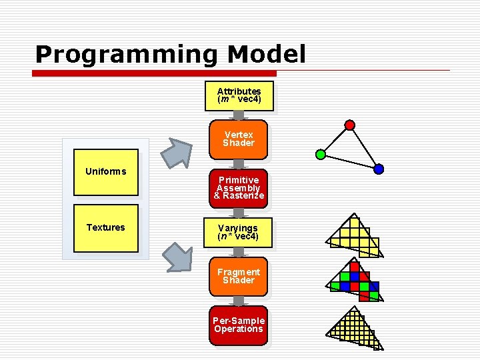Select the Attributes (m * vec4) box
coord(239,95)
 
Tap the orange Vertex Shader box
coord(238,139)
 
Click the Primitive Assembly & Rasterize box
coord(239,187)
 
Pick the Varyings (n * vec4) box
coord(238,232)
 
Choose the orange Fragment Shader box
coord(238,276)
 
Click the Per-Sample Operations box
coord(238,325)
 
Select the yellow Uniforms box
coord(105,173)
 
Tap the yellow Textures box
coord(105,228)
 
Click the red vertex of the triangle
coord(349,125)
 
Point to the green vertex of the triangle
coord(320,155)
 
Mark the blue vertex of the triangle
coord(379,169)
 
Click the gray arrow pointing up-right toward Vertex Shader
coord(178,151)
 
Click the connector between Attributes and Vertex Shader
coord(238,115)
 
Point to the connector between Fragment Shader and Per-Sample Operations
coord(238,301)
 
